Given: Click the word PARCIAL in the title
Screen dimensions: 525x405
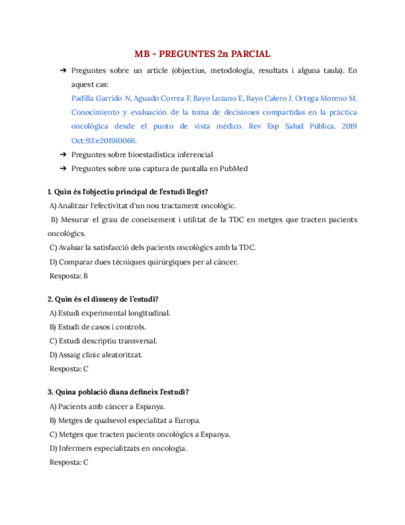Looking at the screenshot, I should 249,54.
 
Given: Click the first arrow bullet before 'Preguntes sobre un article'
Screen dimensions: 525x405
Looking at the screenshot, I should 62,71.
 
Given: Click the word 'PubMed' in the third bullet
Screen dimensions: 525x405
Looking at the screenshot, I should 235,168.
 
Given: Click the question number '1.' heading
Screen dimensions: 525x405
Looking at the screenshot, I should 51,192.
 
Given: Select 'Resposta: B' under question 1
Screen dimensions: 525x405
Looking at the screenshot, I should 68,276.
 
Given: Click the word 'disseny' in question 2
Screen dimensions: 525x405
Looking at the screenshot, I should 119,299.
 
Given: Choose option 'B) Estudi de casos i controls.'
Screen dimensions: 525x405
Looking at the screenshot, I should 98,327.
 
